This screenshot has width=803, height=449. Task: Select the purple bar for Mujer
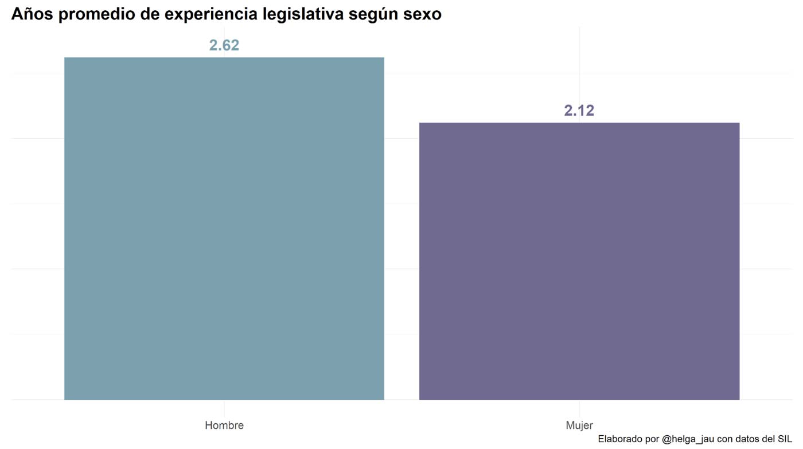pos(579,261)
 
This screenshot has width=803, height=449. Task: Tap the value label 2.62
pos(224,45)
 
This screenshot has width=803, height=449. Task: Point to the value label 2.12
pos(579,111)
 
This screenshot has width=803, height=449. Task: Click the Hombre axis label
pos(224,425)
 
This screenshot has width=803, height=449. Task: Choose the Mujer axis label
pos(579,425)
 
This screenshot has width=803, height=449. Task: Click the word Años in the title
pos(32,14)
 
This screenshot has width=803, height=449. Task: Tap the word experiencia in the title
pos(211,14)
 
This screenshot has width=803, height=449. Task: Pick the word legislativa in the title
pos(303,14)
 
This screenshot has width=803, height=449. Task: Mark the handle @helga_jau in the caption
pos(688,439)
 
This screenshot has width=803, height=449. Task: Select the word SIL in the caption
pos(784,439)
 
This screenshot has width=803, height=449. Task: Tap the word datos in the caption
pos(748,439)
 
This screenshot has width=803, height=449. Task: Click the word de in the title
pos(150,14)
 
